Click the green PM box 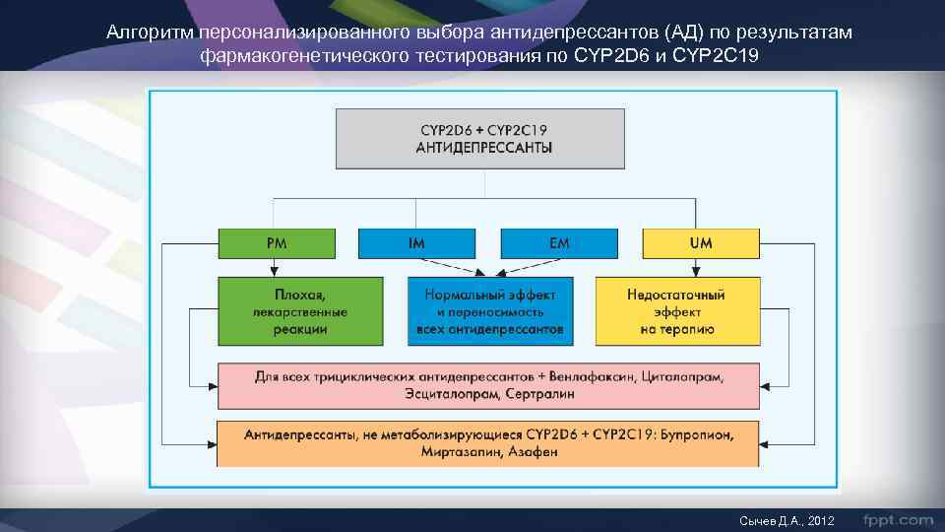point(276,243)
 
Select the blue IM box point(415,243)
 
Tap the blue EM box point(559,243)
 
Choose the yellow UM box point(701,243)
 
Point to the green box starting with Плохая point(301,311)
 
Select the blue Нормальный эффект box point(489,311)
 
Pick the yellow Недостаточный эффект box point(677,311)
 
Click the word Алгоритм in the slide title point(150,34)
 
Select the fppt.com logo point(898,518)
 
